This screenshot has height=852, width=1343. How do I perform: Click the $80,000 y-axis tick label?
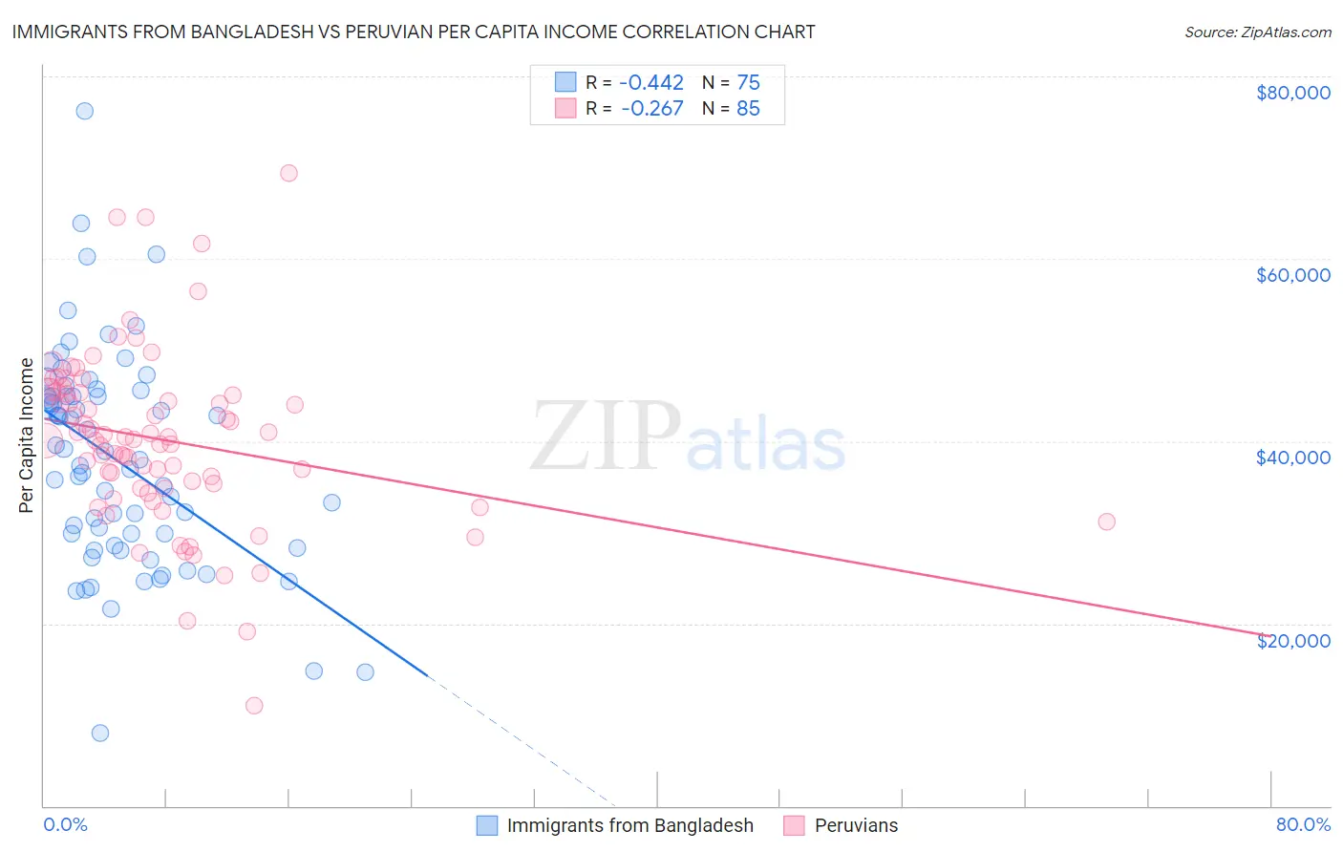tap(1292, 93)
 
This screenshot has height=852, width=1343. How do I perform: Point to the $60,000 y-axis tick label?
tap(1292, 275)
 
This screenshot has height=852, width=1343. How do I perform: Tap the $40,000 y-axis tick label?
tap(1292, 458)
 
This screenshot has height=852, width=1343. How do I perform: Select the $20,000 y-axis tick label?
tap(1292, 640)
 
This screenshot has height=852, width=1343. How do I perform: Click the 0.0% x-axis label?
tap(65, 824)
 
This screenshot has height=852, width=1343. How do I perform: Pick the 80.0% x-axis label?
tap(1303, 824)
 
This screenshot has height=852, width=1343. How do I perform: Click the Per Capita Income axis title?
tap(27, 435)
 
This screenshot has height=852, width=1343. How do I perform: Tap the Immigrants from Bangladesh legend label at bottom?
tap(629, 825)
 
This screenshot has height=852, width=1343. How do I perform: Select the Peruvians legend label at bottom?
tap(856, 825)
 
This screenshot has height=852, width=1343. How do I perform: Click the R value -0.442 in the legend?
tap(652, 82)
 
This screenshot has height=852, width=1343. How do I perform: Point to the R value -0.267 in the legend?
tap(652, 108)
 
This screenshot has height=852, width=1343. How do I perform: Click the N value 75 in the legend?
tap(748, 82)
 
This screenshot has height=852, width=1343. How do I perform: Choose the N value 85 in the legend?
tap(748, 108)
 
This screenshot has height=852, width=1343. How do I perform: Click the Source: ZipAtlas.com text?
tap(1257, 32)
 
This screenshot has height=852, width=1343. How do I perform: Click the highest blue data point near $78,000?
tap(84, 111)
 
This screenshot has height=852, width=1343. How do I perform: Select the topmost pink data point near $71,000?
tap(288, 173)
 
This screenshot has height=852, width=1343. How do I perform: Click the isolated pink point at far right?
tap(1106, 522)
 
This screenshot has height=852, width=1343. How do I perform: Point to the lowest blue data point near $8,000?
tap(99, 733)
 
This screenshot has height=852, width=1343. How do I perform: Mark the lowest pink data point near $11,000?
tap(254, 706)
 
